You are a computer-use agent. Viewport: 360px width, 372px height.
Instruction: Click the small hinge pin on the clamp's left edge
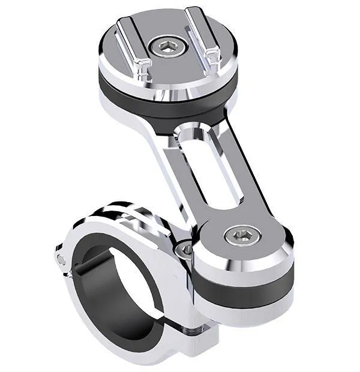[61, 259]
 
